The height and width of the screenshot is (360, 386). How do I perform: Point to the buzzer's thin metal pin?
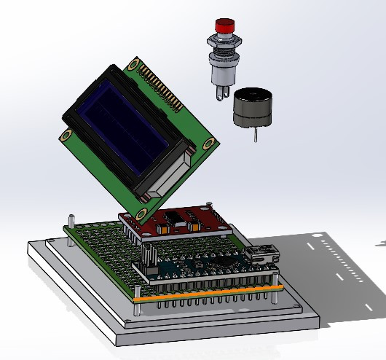tap(256, 135)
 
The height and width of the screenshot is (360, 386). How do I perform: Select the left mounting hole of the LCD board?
tap(67, 135)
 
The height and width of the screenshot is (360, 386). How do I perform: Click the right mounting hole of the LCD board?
tap(212, 144)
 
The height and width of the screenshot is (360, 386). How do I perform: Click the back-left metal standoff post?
tap(71, 221)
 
